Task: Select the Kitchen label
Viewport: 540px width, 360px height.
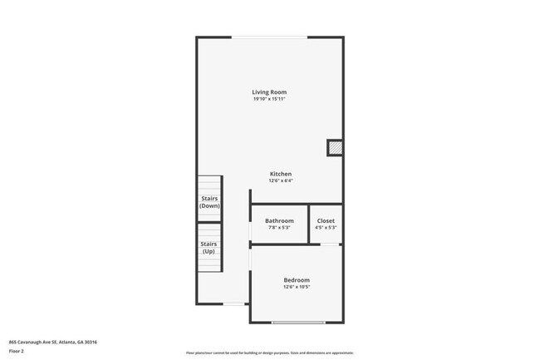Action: [x=280, y=174]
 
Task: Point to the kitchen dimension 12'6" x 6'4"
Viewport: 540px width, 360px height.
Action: [x=280, y=180]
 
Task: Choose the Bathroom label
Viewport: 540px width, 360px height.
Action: [x=279, y=220]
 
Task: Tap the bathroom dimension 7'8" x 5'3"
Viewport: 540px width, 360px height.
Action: [x=279, y=227]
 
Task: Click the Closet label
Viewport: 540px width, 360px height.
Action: [x=326, y=220]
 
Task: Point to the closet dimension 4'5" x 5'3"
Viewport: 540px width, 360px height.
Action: [x=326, y=227]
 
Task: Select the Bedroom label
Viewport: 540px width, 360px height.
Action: [x=297, y=280]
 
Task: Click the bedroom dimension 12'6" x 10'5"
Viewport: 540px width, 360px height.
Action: [x=297, y=288]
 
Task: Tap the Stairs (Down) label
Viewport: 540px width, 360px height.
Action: [x=209, y=202]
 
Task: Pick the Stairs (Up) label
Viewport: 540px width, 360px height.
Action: [x=209, y=248]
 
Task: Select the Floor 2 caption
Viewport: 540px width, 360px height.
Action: [x=17, y=351]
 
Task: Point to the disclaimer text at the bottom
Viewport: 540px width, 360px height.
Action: [x=270, y=353]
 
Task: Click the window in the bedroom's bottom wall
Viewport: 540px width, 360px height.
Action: [x=298, y=323]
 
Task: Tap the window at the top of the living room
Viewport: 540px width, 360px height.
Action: [x=270, y=37]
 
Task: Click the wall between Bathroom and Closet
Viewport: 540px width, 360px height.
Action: [x=309, y=224]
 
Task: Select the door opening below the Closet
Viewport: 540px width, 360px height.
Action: [x=330, y=244]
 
